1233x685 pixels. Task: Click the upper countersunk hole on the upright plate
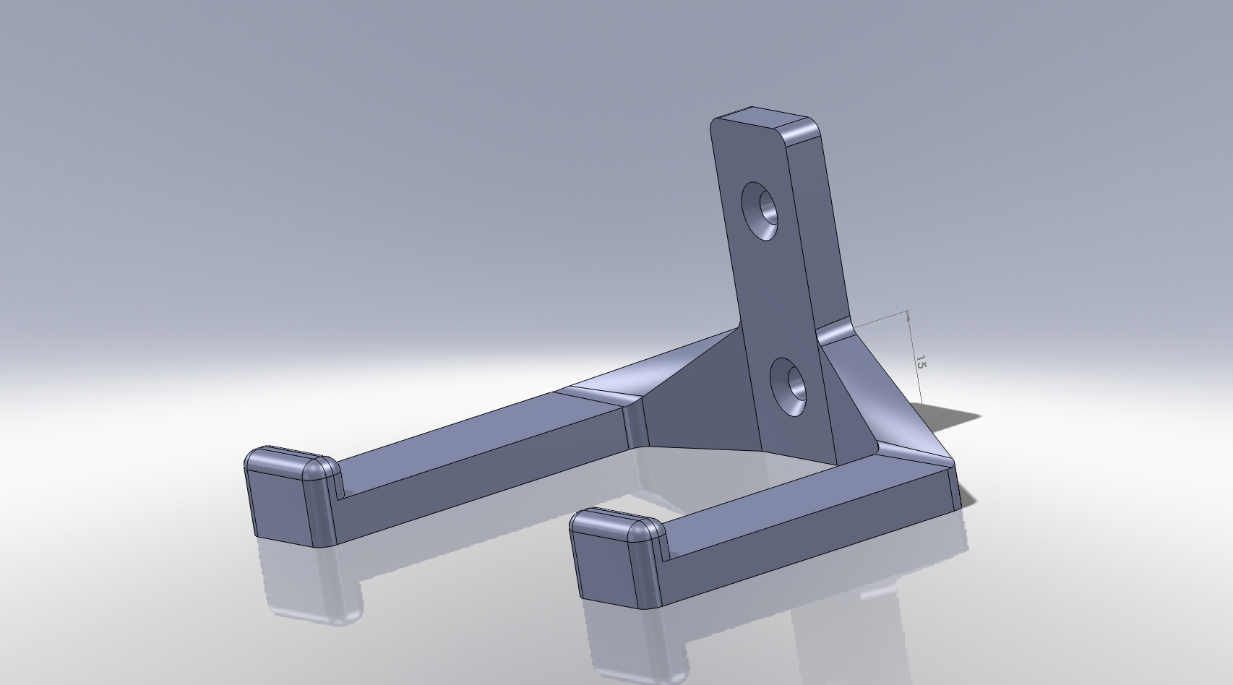click(x=760, y=211)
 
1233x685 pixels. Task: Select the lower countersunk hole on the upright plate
click(x=788, y=387)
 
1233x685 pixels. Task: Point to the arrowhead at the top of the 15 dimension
click(x=908, y=315)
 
